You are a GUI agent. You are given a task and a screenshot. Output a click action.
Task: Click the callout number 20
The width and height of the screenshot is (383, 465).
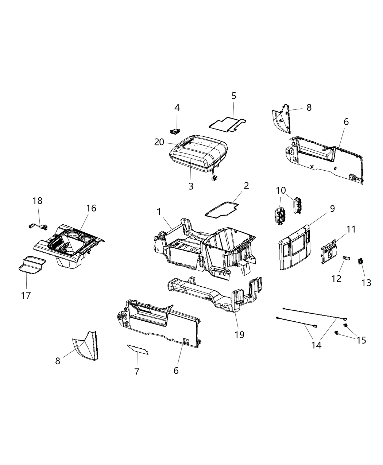click(x=159, y=142)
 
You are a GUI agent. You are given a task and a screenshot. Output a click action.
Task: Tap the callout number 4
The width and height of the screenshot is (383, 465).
click(x=177, y=108)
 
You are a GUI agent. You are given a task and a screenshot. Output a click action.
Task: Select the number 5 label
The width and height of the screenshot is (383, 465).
click(x=234, y=96)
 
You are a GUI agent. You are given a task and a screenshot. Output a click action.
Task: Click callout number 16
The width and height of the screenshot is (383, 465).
click(x=91, y=208)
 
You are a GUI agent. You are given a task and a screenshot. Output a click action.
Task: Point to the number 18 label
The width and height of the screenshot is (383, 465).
click(x=37, y=201)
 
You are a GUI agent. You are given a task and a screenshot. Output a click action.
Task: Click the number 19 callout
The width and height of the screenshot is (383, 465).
click(x=239, y=334)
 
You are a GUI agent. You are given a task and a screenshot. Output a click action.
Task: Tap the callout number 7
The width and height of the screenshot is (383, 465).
click(x=137, y=372)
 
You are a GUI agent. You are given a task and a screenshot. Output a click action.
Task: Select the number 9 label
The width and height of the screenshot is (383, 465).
click(x=332, y=209)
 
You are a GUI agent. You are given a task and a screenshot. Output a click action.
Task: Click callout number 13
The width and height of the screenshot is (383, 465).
click(x=366, y=283)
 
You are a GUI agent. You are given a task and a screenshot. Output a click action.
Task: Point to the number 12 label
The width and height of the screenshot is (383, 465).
click(x=336, y=279)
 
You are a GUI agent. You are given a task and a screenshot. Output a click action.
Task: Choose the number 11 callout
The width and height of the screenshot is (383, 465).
click(x=351, y=229)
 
